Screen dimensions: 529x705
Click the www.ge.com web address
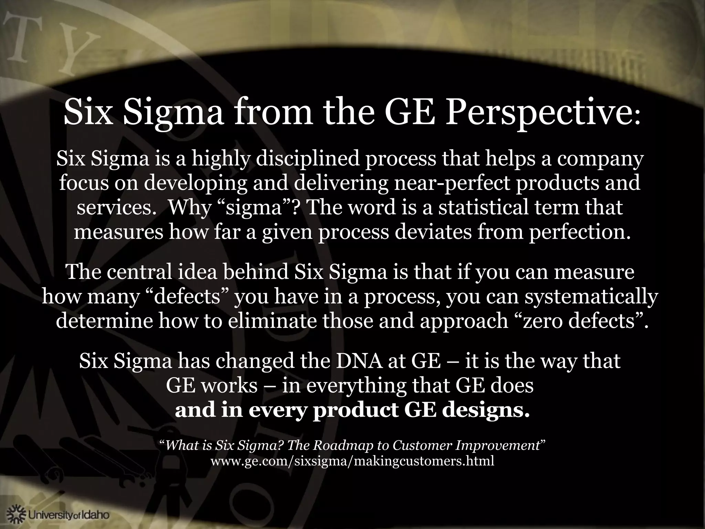point(352,461)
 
